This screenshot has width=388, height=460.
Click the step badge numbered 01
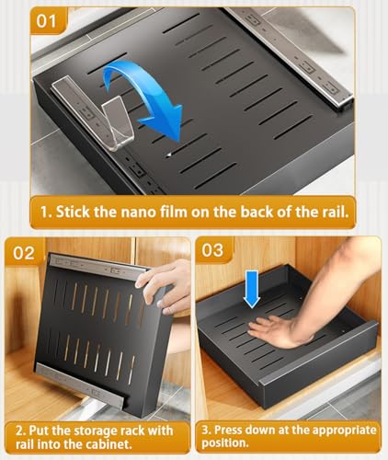(x=47, y=21)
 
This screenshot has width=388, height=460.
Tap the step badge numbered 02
(x=24, y=253)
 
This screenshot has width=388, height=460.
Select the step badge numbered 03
(x=212, y=249)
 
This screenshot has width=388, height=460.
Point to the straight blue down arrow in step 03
(x=252, y=289)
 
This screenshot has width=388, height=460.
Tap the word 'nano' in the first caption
(x=140, y=213)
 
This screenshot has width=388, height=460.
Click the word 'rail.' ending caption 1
(x=336, y=212)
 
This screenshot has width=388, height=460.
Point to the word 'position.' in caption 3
(x=224, y=443)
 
